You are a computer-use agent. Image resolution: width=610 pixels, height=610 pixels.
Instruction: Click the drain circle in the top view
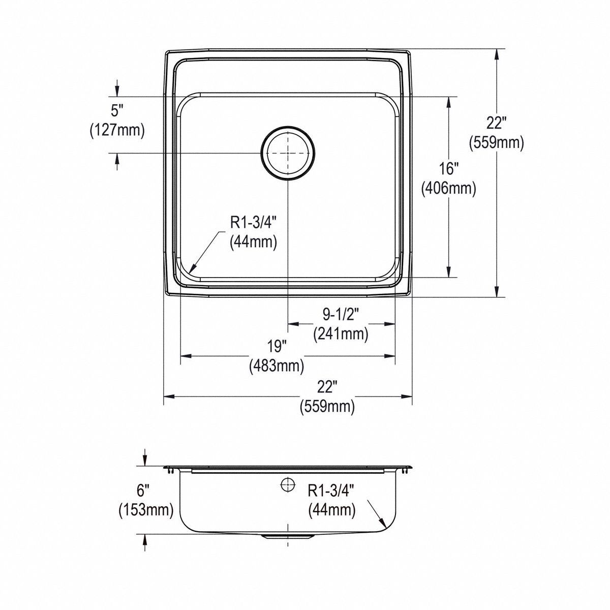[288, 152]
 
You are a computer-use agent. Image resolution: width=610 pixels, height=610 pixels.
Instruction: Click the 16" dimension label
[449, 168]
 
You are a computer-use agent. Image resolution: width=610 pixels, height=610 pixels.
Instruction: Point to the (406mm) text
[449, 189]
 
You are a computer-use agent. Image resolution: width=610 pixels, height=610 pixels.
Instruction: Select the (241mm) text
[341, 334]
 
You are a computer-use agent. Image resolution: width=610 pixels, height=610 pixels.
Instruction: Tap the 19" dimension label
[277, 346]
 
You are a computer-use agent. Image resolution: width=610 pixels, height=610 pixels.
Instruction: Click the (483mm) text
[277, 365]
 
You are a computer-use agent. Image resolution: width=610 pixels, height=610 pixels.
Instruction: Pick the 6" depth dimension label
[144, 491]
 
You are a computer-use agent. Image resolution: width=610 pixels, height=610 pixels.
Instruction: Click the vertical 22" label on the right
[496, 123]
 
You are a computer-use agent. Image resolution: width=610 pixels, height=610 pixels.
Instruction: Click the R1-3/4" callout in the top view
[254, 222]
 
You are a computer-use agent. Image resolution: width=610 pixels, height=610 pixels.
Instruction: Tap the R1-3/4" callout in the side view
[331, 490]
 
